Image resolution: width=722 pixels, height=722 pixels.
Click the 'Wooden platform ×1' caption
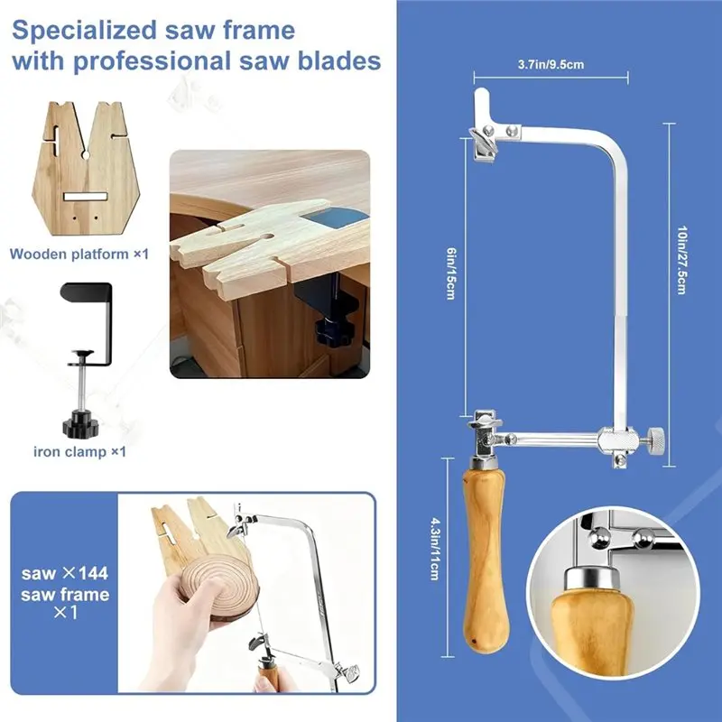(x=79, y=255)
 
